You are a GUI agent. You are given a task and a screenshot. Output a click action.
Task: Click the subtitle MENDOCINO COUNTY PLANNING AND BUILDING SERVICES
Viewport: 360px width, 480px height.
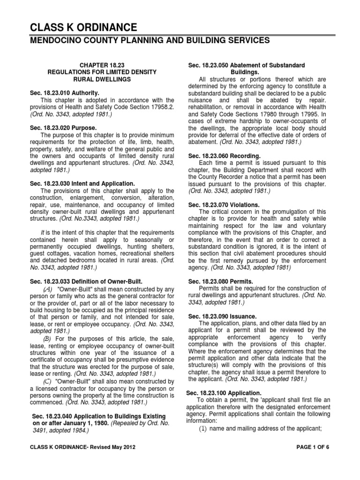[150, 41]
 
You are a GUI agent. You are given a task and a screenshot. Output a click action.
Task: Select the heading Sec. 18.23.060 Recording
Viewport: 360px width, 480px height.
[218, 155]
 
